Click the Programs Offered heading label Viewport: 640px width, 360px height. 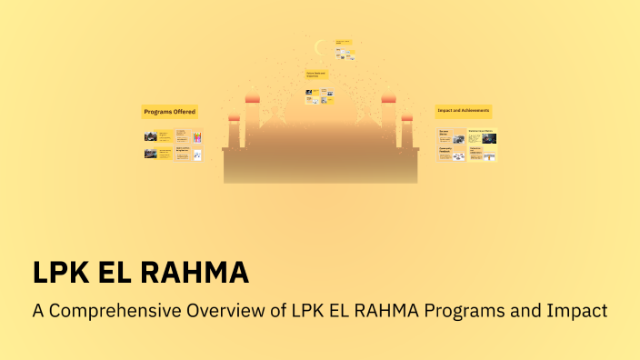(x=169, y=112)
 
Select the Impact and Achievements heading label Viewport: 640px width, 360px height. (x=464, y=111)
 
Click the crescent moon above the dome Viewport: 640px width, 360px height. (x=319, y=47)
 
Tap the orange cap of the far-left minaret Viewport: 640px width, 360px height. (x=234, y=117)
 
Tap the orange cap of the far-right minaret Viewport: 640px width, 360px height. (x=406, y=117)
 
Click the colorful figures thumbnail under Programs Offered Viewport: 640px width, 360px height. (x=196, y=137)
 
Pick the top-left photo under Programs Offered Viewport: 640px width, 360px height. (x=150, y=137)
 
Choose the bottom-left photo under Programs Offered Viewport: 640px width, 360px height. (x=150, y=154)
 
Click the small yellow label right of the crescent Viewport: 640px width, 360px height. (x=343, y=43)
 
